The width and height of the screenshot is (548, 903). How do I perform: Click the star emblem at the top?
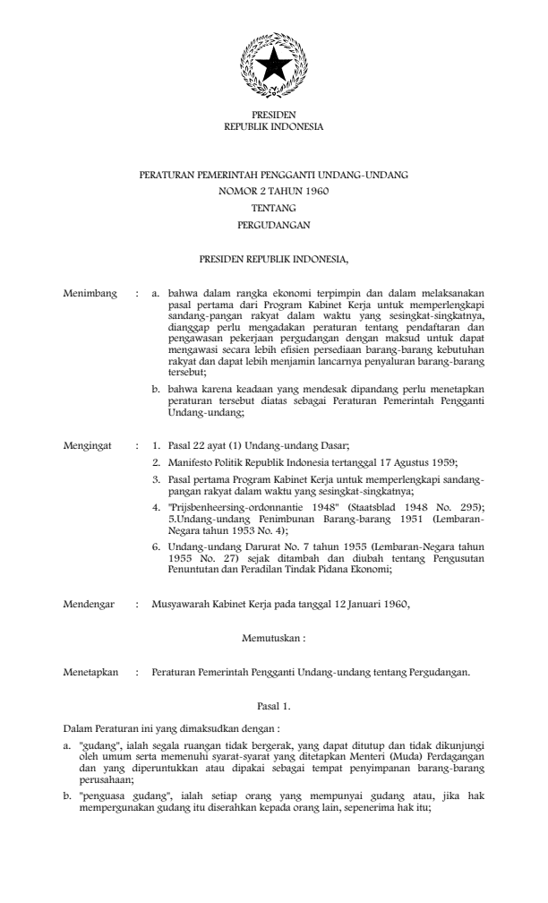[x=274, y=64]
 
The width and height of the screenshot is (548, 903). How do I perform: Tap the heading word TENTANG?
[x=274, y=208]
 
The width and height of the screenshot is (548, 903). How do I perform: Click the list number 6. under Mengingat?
[x=157, y=546]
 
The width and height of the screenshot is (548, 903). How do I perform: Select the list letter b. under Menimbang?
[x=157, y=391]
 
